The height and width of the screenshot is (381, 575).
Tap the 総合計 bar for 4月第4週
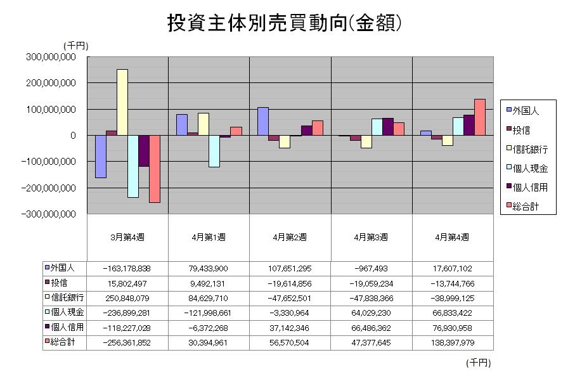[480, 117]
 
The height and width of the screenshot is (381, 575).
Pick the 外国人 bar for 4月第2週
[263, 121]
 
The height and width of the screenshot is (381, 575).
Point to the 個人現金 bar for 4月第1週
[214, 151]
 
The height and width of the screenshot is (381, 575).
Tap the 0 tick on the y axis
[74, 136]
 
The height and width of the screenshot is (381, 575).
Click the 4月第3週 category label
[371, 237]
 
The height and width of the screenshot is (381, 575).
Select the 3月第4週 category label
[127, 237]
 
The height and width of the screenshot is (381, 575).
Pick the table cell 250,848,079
[127, 298]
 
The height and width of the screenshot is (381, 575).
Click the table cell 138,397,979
[453, 342]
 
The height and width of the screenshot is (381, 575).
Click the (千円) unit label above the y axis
[76, 46]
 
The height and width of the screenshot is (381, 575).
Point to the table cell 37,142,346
[290, 327]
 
